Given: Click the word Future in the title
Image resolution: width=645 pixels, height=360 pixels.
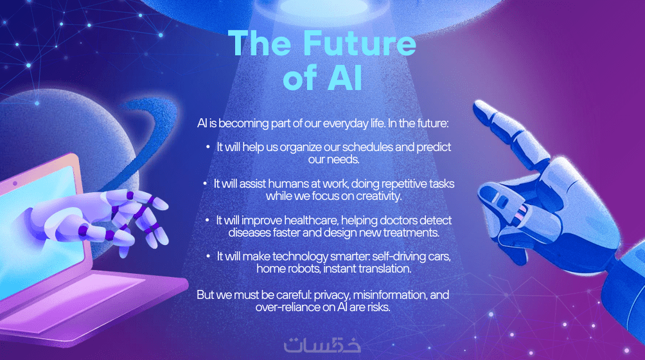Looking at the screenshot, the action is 360,43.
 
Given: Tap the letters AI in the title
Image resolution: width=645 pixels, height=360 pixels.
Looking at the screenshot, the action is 345,78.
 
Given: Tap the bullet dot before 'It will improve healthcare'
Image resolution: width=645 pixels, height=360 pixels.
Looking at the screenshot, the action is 208,221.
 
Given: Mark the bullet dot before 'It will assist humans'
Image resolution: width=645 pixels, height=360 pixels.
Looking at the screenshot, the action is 205,183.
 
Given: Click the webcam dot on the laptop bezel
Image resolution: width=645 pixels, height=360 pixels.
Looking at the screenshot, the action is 15,183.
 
